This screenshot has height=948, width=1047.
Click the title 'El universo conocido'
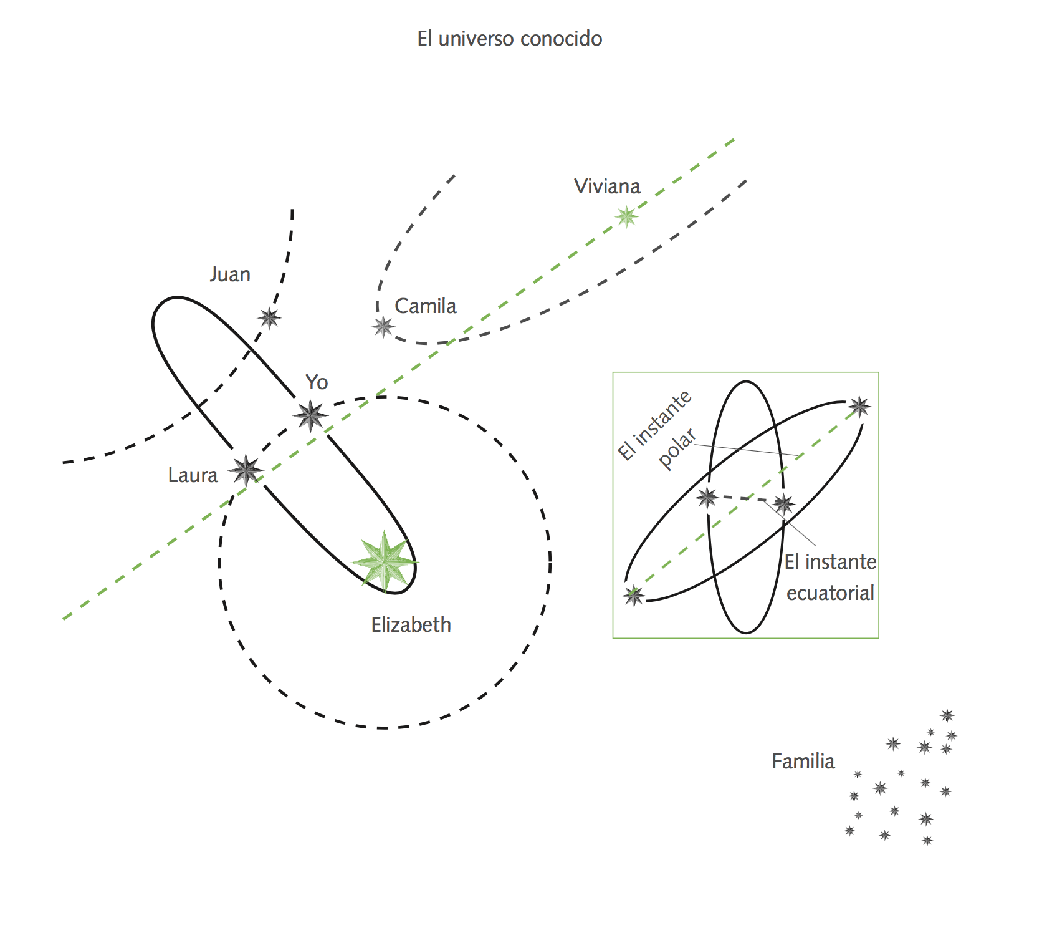point(509,39)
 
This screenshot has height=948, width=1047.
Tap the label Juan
point(230,274)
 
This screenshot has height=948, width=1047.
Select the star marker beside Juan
point(269,318)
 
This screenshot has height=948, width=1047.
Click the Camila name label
point(426,306)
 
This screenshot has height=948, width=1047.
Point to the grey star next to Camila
point(383,326)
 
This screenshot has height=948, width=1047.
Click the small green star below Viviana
point(626,216)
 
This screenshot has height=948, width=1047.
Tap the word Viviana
point(607,186)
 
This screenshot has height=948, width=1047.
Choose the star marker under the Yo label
point(310,415)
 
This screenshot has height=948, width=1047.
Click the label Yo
point(317,382)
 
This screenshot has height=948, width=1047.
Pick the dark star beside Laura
point(246,470)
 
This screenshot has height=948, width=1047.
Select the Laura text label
point(193,476)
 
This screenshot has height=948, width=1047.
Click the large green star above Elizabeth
point(385,561)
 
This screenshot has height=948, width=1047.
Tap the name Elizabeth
point(411,625)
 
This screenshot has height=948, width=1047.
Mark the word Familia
point(803,762)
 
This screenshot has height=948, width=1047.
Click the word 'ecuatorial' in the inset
point(830,593)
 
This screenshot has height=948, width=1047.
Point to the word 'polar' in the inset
point(677,448)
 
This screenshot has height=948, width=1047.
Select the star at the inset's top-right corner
point(859,407)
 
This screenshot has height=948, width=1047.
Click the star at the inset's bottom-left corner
point(634,596)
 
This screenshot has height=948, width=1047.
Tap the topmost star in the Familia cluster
point(947,715)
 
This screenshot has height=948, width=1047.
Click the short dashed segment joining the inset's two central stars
point(745,498)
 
